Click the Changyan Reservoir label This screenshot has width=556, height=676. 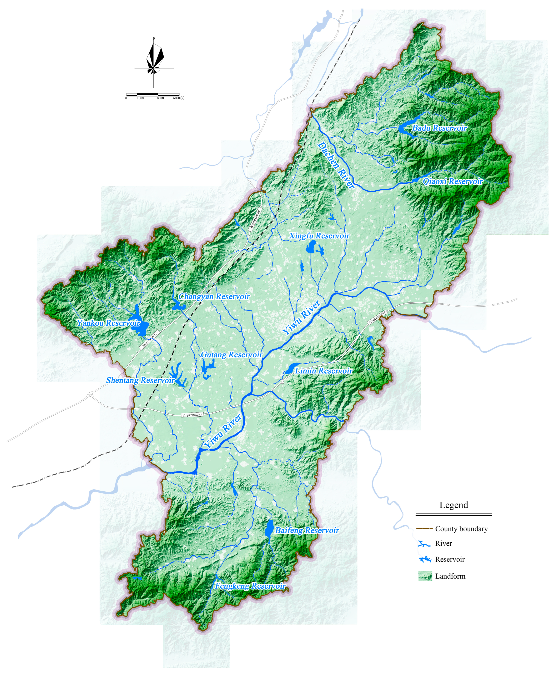[214, 297]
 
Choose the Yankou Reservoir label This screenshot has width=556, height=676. [108, 323]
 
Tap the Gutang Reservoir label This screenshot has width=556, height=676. [231, 355]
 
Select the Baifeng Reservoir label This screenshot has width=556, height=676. [307, 530]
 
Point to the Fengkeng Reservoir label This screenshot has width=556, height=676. [250, 586]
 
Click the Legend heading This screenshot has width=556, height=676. [454, 505]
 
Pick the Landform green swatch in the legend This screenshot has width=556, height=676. [425, 576]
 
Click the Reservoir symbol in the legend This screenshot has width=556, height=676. [425, 559]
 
